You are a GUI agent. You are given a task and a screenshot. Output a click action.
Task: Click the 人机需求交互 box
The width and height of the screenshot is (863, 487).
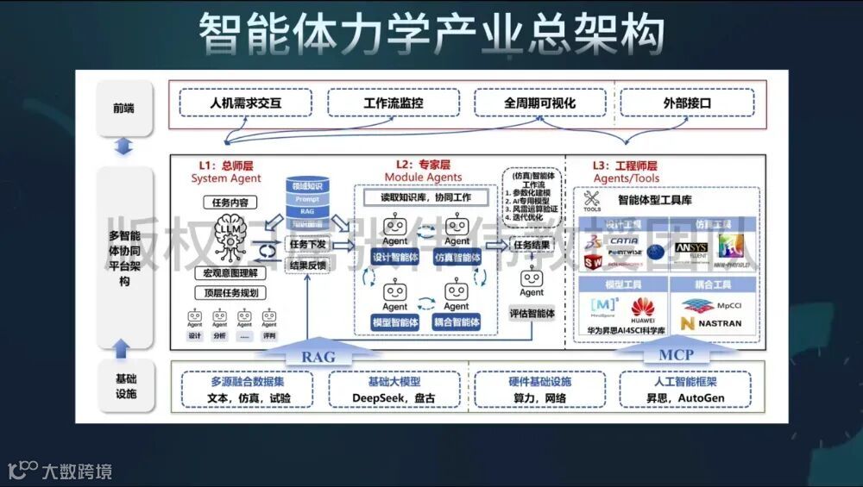pyautogui.click(x=246, y=103)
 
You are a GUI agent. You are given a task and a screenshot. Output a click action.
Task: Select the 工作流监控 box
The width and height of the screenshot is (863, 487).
pyautogui.click(x=393, y=103)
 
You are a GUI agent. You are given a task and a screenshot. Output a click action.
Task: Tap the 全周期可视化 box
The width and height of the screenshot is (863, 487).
pyautogui.click(x=540, y=103)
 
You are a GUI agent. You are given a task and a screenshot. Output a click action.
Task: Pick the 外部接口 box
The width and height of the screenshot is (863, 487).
pyautogui.click(x=688, y=103)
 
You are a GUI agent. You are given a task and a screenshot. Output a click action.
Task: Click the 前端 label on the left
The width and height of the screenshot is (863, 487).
pyautogui.click(x=123, y=109)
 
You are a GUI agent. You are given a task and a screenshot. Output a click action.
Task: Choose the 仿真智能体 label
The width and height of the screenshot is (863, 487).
pyautogui.click(x=457, y=258)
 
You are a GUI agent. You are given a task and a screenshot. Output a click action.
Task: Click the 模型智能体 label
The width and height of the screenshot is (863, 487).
pyautogui.click(x=394, y=322)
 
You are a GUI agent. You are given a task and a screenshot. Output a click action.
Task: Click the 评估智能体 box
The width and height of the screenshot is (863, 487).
pyautogui.click(x=532, y=314)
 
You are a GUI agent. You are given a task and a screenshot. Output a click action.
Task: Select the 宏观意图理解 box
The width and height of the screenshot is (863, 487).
pyautogui.click(x=230, y=273)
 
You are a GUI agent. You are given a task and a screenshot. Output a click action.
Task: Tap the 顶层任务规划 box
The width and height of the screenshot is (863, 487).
pyautogui.click(x=230, y=292)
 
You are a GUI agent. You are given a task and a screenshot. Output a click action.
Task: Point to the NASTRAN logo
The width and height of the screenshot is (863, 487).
pyautogui.click(x=710, y=323)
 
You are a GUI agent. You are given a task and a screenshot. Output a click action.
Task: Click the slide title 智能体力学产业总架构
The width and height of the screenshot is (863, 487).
pyautogui.click(x=431, y=34)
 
